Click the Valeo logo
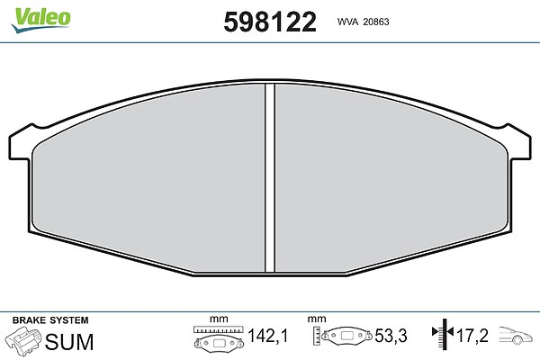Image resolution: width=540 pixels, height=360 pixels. (40, 20)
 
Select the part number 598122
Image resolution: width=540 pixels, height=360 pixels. (270, 22)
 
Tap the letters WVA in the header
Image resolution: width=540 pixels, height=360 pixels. (347, 22)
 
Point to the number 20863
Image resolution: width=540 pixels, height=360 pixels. (376, 22)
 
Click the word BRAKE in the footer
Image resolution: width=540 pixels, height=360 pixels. (30, 320)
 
